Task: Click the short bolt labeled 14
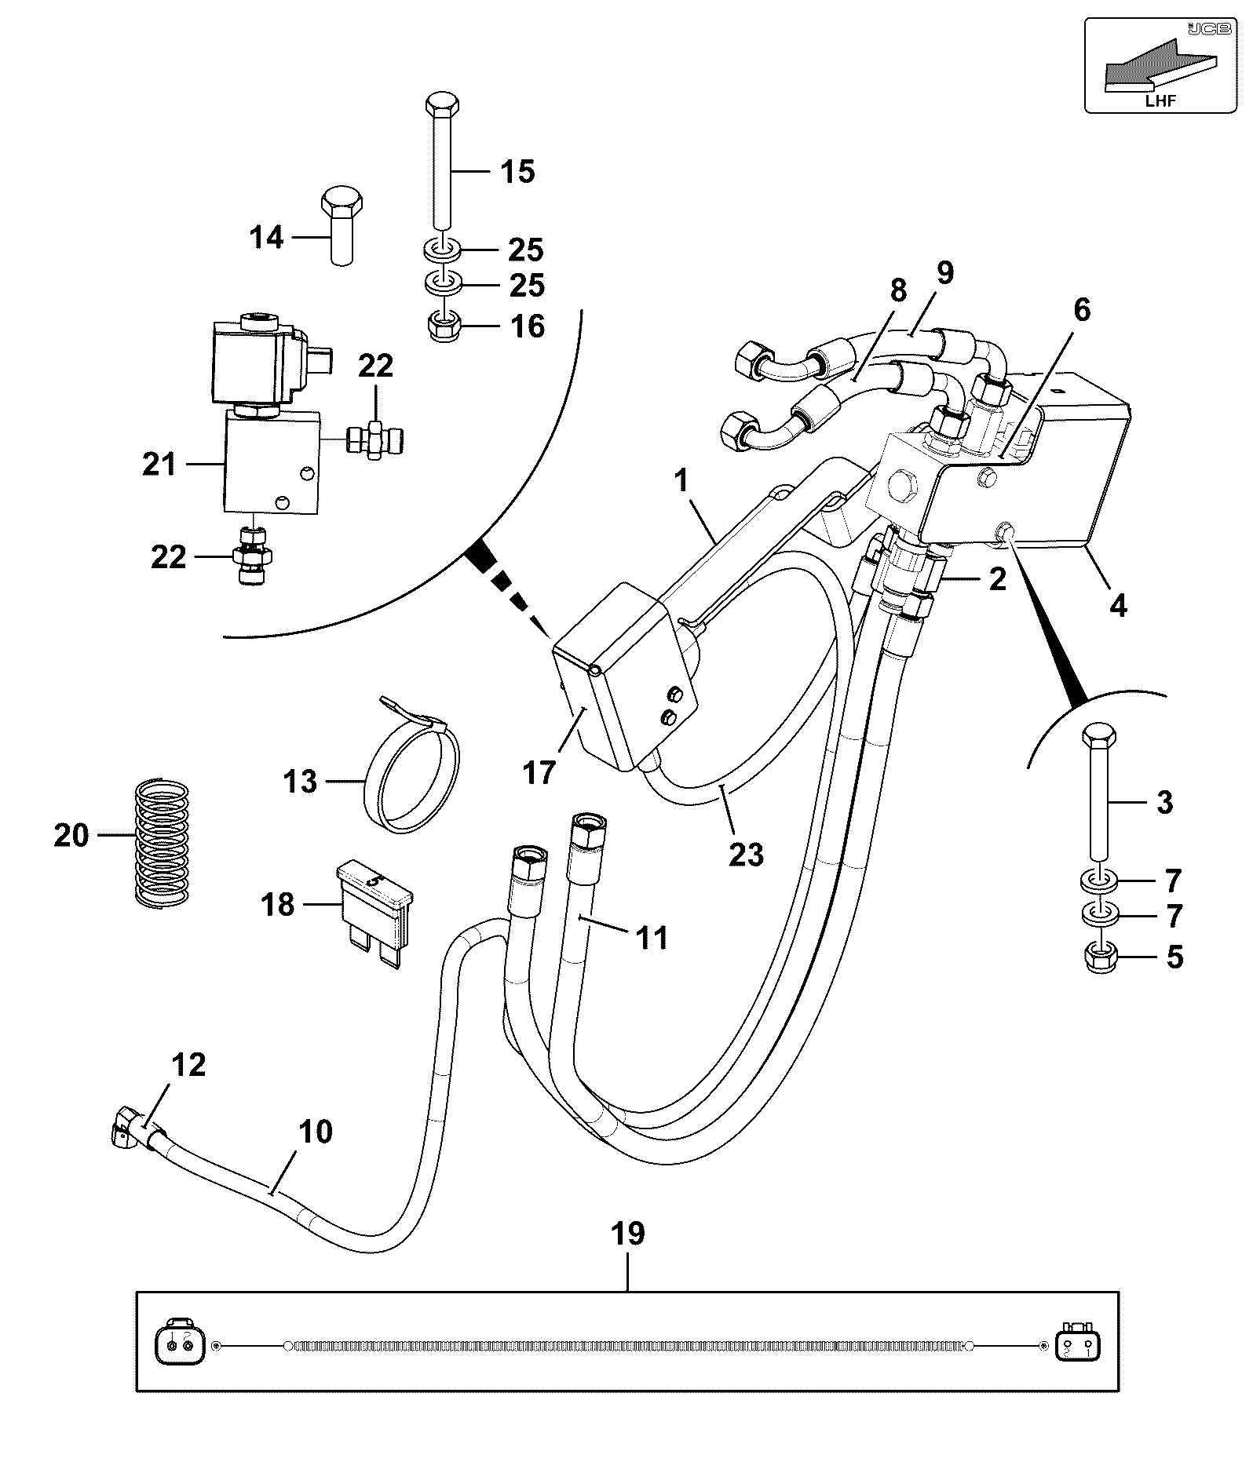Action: pos(342,226)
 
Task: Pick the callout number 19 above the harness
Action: pos(629,1233)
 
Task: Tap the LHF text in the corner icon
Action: pos(1160,100)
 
